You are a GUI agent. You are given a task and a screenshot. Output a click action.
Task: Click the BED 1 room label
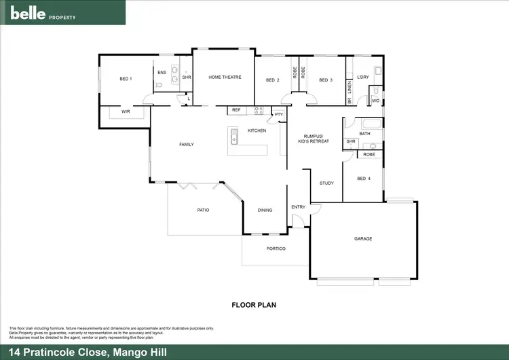pos(126,79)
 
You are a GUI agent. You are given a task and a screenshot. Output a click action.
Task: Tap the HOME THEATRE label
pos(225,77)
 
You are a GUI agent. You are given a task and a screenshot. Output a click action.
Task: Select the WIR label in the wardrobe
pos(126,111)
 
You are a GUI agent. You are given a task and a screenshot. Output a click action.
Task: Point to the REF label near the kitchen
pos(236,109)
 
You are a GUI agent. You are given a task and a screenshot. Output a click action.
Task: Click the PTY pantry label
pos(278,115)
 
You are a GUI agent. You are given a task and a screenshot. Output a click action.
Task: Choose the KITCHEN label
pos(257,130)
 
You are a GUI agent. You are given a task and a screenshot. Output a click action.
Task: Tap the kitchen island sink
pos(234,136)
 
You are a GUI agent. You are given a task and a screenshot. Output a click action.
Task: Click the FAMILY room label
pos(187,144)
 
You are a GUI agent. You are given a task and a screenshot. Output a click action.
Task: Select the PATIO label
pos(203,210)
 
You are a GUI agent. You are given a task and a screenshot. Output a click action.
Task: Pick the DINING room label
pos(265,210)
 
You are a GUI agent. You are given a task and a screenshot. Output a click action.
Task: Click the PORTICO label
pos(276,249)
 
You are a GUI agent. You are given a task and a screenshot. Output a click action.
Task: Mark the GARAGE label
pos(363,238)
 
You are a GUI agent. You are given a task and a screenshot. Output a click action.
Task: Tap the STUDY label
pos(326,183)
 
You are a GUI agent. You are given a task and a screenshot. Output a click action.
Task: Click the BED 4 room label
pos(364,179)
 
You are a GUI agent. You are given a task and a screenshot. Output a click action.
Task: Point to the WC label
pos(375,101)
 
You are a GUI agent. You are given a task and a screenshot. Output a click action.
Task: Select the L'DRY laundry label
pos(362,77)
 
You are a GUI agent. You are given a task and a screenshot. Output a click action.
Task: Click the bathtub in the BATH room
pos(371,124)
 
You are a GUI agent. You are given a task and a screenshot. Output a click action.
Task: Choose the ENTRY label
pos(299,207)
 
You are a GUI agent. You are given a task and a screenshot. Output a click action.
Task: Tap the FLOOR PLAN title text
pos(254,305)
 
